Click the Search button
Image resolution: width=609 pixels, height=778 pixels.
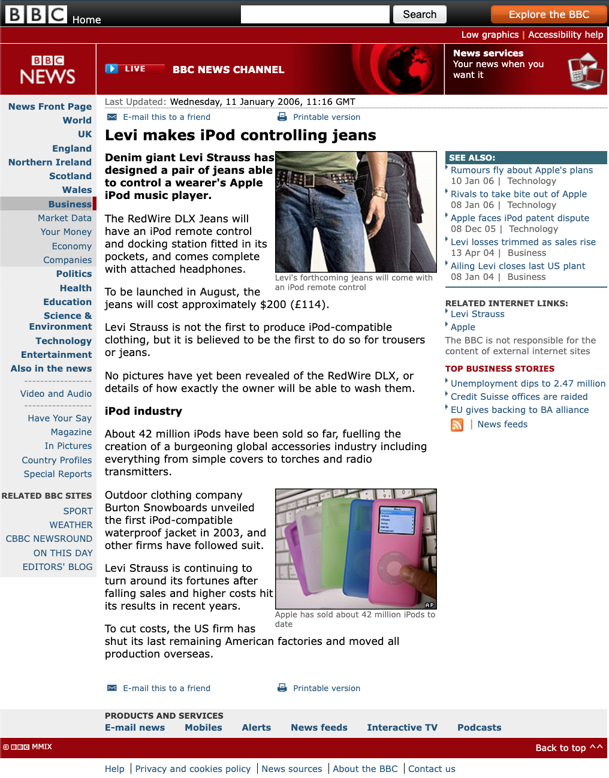tap(420, 14)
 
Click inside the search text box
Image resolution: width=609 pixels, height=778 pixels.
tap(315, 14)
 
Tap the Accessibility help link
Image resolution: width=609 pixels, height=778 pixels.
tap(565, 35)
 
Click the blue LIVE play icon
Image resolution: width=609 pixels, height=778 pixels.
tap(111, 69)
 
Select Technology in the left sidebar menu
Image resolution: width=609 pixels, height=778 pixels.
tap(64, 340)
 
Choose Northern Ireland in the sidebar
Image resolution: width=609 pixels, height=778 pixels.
tap(50, 162)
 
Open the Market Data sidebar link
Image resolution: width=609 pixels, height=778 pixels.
tap(65, 218)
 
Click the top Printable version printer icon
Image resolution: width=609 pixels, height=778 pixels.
tap(282, 117)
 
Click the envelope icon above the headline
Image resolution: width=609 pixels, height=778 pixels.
tap(112, 117)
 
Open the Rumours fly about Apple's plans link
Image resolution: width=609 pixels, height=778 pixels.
tap(521, 170)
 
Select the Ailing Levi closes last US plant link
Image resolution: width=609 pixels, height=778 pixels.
tap(518, 266)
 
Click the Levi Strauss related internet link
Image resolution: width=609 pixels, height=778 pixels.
tap(477, 314)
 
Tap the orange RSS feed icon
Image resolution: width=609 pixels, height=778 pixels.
tap(457, 425)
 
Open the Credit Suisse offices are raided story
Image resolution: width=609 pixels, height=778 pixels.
tap(519, 397)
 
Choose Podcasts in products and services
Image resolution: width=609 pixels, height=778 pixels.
tap(479, 728)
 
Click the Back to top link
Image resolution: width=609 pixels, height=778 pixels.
tap(568, 747)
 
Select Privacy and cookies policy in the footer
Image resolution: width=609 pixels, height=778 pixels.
tap(192, 769)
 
